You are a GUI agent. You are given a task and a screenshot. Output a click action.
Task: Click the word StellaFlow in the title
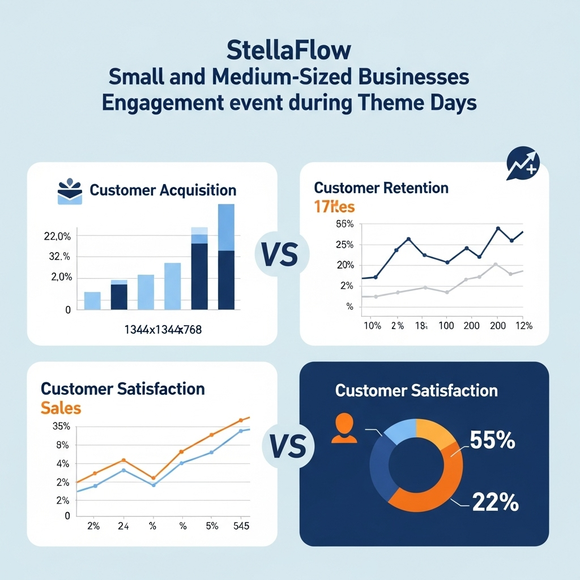click(x=289, y=50)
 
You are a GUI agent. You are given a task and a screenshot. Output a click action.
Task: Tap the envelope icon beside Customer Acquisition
click(x=70, y=192)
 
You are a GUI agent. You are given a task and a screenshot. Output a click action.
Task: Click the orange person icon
click(x=345, y=428)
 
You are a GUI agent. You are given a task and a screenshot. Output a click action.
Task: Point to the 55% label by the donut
click(x=492, y=441)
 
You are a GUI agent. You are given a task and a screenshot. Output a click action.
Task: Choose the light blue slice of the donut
click(x=400, y=432)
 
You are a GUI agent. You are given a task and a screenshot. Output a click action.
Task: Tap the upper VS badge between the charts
click(x=280, y=254)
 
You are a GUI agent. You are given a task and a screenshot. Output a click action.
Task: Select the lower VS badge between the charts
click(x=288, y=446)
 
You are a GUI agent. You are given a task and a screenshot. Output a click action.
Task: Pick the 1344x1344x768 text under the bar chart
click(x=163, y=330)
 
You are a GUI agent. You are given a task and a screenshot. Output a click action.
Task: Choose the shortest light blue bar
click(x=92, y=300)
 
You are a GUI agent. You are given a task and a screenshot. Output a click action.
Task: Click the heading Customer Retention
click(x=381, y=187)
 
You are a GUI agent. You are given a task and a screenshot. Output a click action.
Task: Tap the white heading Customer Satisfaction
click(x=416, y=390)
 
